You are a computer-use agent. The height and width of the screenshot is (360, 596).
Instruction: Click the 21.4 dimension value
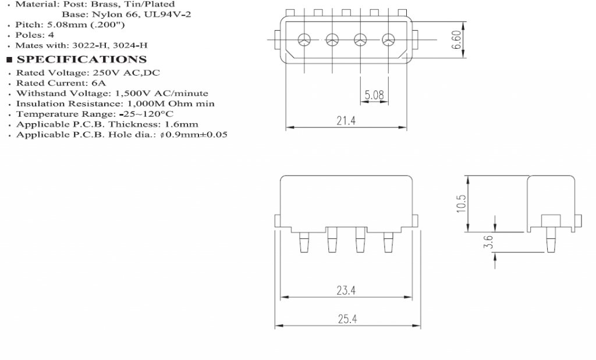tap(346, 120)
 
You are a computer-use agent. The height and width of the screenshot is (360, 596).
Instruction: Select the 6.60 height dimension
tap(457, 40)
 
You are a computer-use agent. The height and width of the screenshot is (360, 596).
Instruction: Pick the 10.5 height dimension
tap(462, 204)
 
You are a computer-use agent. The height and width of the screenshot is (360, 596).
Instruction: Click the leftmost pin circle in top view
tap(304, 40)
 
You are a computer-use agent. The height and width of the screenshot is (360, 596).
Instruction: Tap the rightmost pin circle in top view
tap(388, 40)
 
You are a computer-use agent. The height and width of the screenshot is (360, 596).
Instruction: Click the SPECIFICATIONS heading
tap(81, 59)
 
